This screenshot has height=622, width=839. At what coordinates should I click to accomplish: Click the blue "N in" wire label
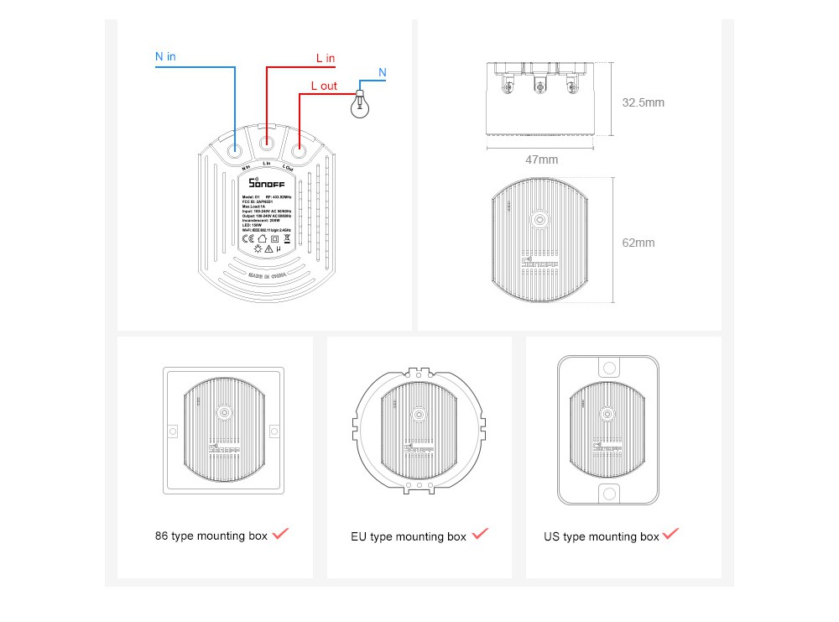pyautogui.click(x=165, y=56)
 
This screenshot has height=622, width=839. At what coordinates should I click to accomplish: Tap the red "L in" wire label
pyautogui.click(x=326, y=58)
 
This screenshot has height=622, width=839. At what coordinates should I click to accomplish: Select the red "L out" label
pyautogui.click(x=324, y=86)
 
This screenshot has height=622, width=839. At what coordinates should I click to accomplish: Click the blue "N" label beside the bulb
pyautogui.click(x=383, y=73)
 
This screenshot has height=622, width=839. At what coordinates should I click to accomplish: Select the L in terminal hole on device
pyautogui.click(x=267, y=144)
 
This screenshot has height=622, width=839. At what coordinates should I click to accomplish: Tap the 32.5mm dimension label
pyautogui.click(x=643, y=102)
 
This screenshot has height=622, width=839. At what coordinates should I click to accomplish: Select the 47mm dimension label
pyautogui.click(x=541, y=159)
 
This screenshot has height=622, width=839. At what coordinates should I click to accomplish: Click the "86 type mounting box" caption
pyautogui.click(x=211, y=536)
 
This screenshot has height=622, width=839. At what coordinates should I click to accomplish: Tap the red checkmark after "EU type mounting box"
pyautogui.click(x=480, y=534)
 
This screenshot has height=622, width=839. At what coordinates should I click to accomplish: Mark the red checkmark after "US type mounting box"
pyautogui.click(x=671, y=534)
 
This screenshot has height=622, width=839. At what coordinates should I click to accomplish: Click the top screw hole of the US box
pyautogui.click(x=608, y=368)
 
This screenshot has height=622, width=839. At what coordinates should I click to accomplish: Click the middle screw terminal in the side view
pyautogui.click(x=541, y=86)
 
